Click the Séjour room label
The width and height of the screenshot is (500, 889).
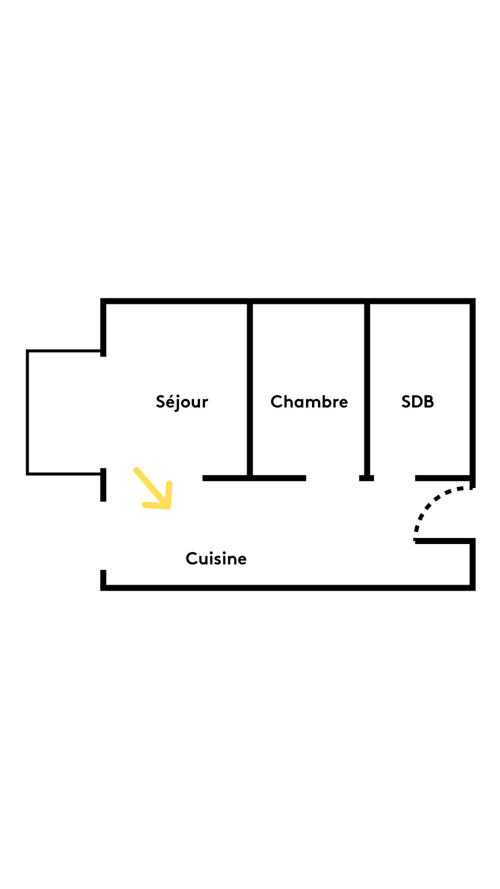pos(181,402)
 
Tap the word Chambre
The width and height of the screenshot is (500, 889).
pos(309,402)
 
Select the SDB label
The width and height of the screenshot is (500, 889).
pos(417,402)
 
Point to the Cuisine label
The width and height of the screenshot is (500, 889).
pos(216,558)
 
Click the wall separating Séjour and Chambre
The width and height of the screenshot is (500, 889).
pos(250,389)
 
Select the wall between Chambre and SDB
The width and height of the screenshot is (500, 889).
pos(367,389)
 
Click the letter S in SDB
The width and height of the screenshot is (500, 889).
pos(406,402)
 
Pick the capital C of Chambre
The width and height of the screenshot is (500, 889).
pos(276,402)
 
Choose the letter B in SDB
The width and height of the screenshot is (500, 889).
pos(429,402)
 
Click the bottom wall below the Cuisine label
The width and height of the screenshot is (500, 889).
pos(216,588)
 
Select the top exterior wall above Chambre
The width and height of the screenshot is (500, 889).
pos(309,301)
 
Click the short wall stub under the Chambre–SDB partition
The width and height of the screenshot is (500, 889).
pos(367,478)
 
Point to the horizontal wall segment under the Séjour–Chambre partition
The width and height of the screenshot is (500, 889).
pos(254,478)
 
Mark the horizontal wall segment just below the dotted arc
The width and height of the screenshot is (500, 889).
pos(444,541)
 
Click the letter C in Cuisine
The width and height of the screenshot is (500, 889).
pos(191,558)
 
